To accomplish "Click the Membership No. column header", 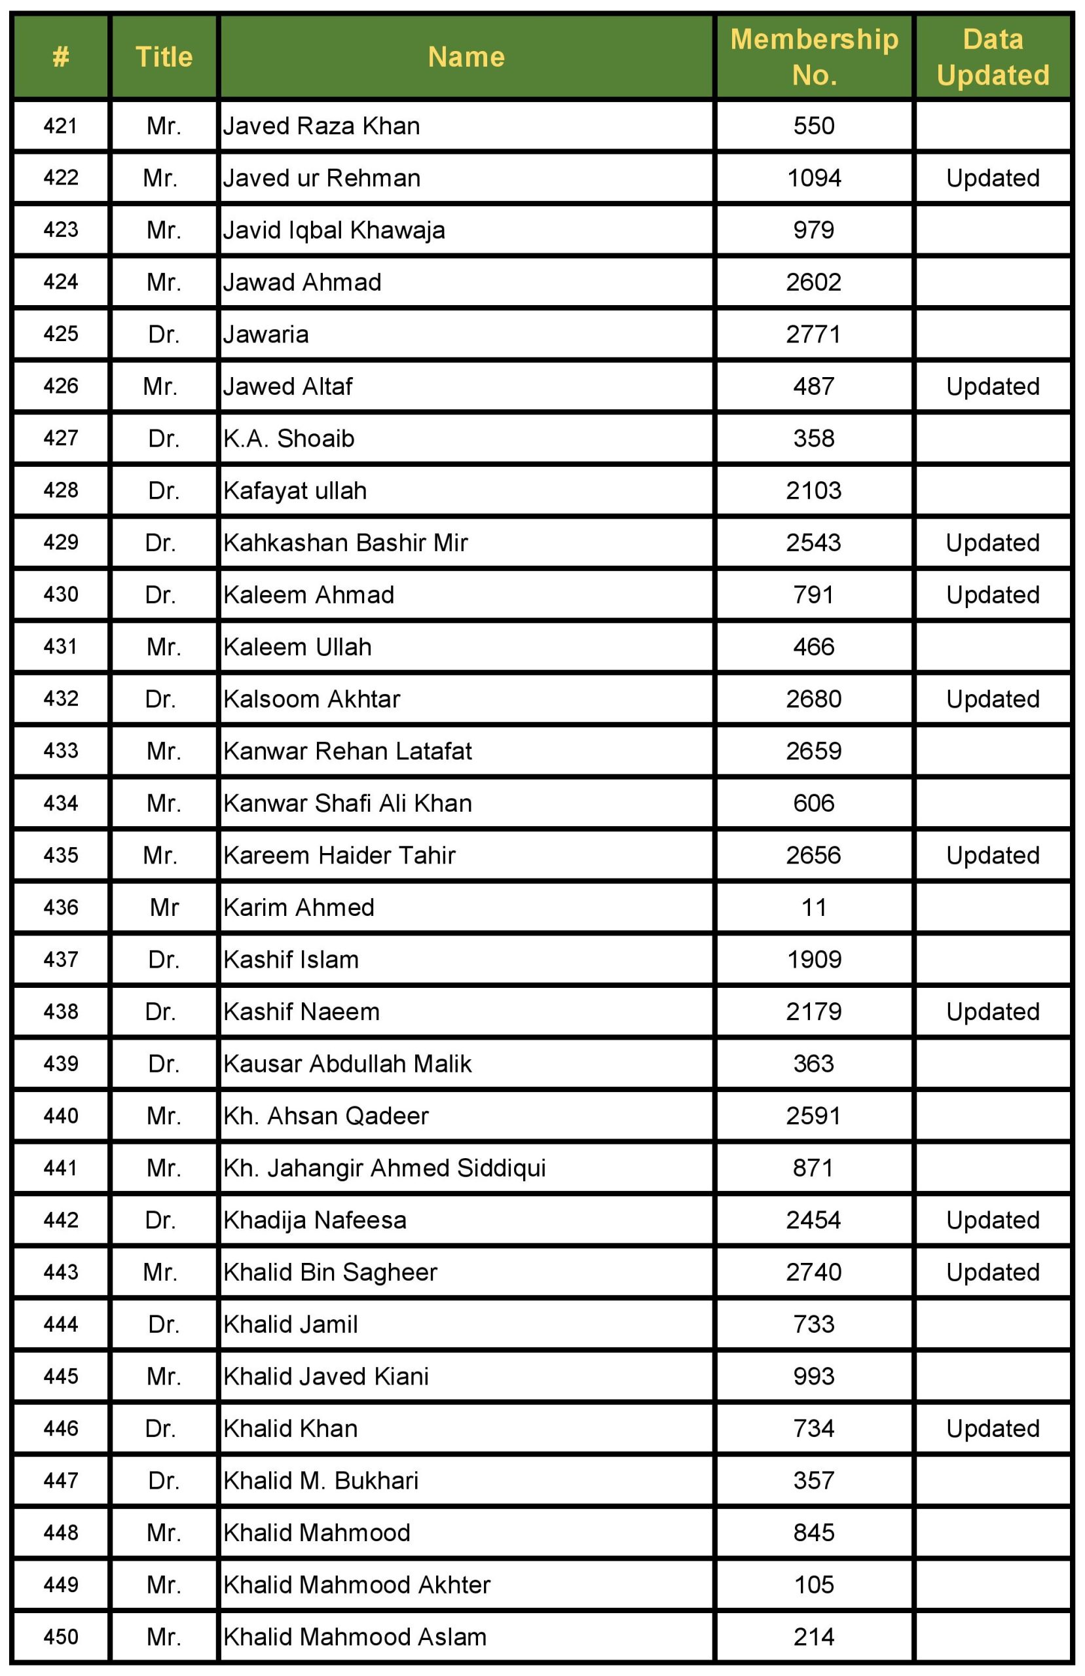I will (x=814, y=56).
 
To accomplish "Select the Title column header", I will (x=164, y=56).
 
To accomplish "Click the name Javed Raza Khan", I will (x=322, y=126).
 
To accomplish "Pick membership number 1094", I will (x=814, y=178).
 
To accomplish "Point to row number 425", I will (x=61, y=334).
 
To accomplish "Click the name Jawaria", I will (x=266, y=335).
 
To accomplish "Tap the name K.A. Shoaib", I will (x=289, y=439).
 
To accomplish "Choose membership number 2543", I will (x=814, y=543).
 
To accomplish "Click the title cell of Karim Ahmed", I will (x=164, y=907).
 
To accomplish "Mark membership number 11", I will (x=814, y=907).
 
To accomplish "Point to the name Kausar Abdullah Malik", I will (x=347, y=1064).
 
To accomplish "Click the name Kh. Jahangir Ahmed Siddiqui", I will (x=384, y=1168).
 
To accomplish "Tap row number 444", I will (x=61, y=1324).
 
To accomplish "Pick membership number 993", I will (x=814, y=1377).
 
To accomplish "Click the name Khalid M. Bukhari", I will (x=321, y=1481).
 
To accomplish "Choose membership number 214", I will (x=814, y=1637).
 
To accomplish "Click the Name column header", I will (x=466, y=56).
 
